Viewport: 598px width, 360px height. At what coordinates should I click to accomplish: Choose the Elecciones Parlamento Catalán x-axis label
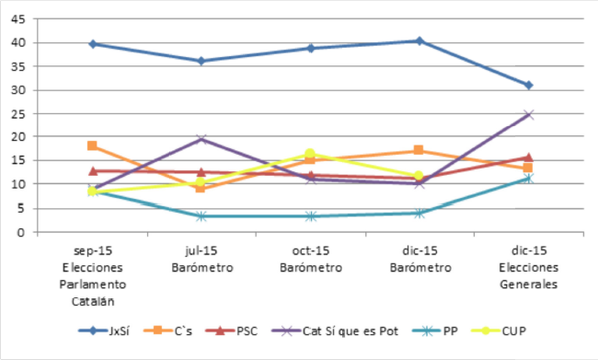pos(93,274)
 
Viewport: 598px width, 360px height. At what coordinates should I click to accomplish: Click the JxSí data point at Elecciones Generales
pos(528,85)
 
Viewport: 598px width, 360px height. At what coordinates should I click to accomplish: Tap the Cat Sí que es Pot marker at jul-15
pos(201,139)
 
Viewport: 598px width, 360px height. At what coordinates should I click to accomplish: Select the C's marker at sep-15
pos(93,145)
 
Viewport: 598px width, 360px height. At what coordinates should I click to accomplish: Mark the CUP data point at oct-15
pos(310,154)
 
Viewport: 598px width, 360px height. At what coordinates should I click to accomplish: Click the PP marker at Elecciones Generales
pos(528,179)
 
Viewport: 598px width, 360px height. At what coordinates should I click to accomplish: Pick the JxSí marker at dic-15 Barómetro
pos(420,41)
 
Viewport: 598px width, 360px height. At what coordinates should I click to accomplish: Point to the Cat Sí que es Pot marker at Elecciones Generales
pos(528,114)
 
